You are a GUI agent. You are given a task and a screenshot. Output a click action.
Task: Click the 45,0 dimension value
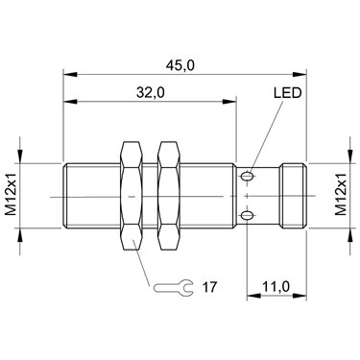pyautogui.click(x=180, y=65)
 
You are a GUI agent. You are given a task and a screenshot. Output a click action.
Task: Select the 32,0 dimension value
pyautogui.click(x=151, y=93)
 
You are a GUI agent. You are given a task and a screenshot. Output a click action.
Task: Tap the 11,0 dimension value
pyautogui.click(x=276, y=287)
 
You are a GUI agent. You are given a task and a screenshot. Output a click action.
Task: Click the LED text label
pyautogui.click(x=288, y=93)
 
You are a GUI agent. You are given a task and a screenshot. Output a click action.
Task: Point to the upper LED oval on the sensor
pyautogui.click(x=247, y=176)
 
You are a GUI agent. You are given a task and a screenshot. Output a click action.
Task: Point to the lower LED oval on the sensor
pyautogui.click(x=247, y=216)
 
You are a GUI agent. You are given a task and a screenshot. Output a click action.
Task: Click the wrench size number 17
pyautogui.click(x=209, y=287)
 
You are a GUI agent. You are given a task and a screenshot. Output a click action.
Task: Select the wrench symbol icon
pyautogui.click(x=174, y=287)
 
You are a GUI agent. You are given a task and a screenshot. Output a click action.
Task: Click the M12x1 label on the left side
pyautogui.click(x=12, y=196)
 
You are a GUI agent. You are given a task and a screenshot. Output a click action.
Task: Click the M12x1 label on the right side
pyautogui.click(x=341, y=195)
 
